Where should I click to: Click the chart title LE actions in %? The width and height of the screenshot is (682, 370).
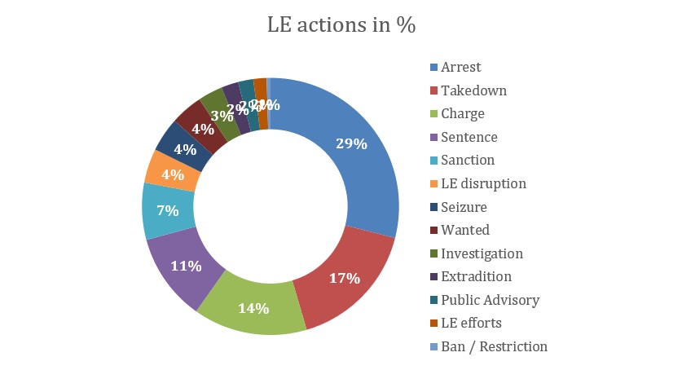pos(341,25)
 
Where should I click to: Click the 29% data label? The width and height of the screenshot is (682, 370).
pos(351,144)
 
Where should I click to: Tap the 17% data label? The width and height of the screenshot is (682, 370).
pos(344,279)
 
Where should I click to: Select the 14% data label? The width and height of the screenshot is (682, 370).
pos(253,308)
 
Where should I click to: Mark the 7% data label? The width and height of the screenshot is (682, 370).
pos(168,210)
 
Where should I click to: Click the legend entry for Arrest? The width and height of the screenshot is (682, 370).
pos(460,67)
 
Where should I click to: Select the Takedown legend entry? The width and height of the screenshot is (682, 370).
pos(473,90)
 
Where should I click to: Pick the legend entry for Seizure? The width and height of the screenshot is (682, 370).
pos(464,207)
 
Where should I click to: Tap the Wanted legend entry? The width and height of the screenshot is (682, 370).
pos(465,230)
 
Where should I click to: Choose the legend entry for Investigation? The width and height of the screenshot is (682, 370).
pos(482,253)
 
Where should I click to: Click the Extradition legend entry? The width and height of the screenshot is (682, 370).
pos(476,276)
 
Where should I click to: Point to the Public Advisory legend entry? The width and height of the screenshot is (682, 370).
pos(490,300)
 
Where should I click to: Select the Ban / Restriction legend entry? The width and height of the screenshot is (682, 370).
pos(494,346)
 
